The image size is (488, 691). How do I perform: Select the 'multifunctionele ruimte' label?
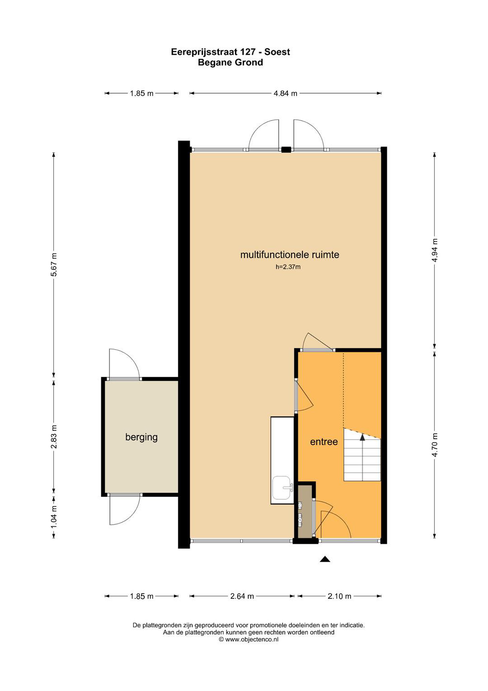coord(290,255)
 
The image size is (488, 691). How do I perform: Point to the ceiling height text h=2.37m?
coord(288,267)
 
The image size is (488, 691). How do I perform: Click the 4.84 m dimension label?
coord(285,94)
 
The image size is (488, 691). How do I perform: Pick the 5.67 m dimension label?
coord(54,265)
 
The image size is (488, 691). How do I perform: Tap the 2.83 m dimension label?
coord(54,437)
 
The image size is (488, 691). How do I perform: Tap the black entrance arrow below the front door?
coord(325,559)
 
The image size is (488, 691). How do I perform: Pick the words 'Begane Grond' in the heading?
coord(230,62)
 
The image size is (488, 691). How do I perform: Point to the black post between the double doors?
coord(286,149)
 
